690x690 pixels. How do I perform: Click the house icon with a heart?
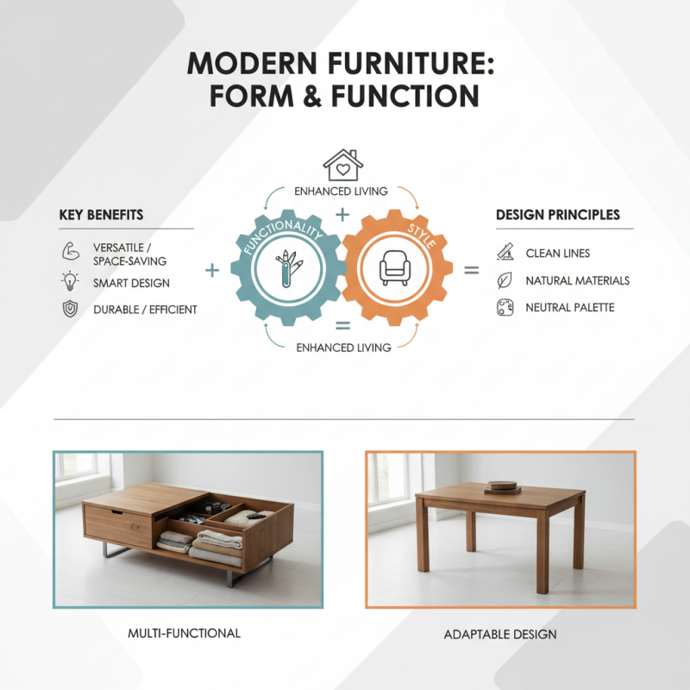pos(340,165)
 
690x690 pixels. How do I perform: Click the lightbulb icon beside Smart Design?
pos(70,281)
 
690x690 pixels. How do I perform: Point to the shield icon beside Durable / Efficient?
pos(70,309)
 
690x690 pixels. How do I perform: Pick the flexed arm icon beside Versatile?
pos(70,252)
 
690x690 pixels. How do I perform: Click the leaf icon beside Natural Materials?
pos(505,280)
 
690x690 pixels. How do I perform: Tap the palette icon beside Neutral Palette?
pos(505,308)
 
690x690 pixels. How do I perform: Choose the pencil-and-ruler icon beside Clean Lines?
pos(505,253)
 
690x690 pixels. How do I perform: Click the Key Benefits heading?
pos(101,214)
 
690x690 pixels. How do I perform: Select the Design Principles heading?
pos(558,214)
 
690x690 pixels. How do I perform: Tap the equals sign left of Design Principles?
pos(472,271)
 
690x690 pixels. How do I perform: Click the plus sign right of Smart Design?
pos(211,271)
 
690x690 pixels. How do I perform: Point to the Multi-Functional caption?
pos(184,633)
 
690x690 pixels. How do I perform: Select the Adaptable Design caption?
pos(500,634)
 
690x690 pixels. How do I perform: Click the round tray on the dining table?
pos(502,486)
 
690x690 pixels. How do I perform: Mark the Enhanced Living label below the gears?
pos(343,348)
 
